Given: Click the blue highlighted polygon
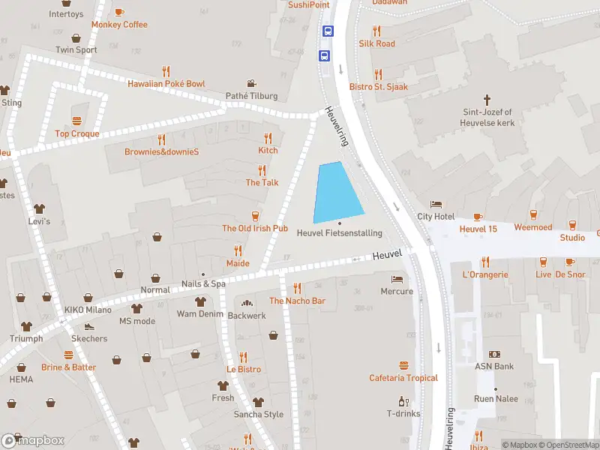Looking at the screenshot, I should [x=337, y=193].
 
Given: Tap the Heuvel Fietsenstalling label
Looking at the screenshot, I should [x=339, y=233].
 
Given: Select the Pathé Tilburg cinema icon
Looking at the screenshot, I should [x=253, y=84].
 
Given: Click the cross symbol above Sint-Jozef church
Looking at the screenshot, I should [x=487, y=100].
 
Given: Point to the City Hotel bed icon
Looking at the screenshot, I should [x=436, y=205].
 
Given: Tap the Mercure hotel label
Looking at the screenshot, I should [x=397, y=291].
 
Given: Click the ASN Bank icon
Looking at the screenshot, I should [x=494, y=354].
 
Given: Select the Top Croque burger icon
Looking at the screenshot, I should [x=76, y=121].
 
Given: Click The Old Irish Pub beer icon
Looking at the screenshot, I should [x=255, y=216].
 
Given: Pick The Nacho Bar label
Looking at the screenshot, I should [x=297, y=301].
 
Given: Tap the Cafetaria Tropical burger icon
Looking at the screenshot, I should [x=403, y=366].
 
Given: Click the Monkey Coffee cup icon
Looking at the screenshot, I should [x=119, y=12].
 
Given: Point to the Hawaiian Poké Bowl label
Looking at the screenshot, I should [x=166, y=84].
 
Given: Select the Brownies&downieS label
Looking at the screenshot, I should [x=161, y=151].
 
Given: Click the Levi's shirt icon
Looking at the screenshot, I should [x=39, y=209].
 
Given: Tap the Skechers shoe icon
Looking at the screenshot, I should [x=90, y=327].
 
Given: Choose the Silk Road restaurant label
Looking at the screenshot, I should [x=376, y=43].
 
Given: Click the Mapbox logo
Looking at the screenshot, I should [x=33, y=440].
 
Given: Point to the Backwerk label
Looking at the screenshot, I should [x=247, y=316].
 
